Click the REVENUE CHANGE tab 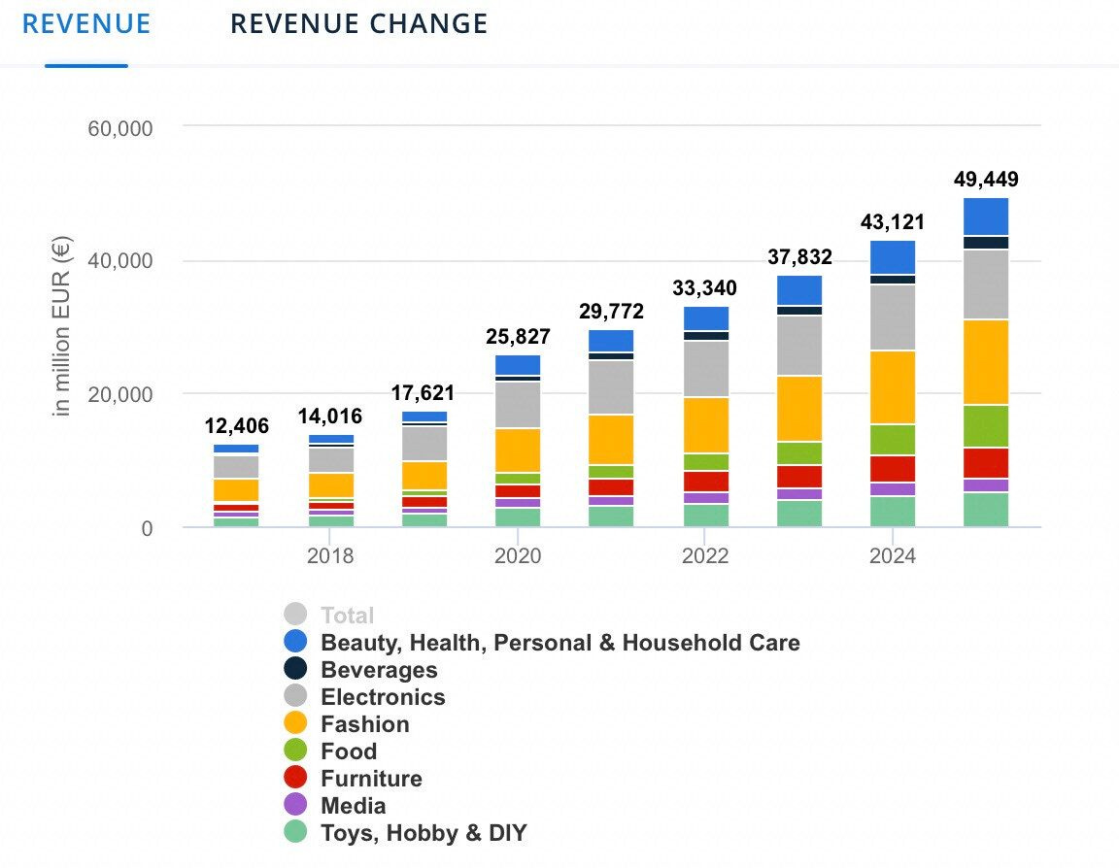(x=358, y=23)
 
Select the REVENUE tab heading (x=86, y=23)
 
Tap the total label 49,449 (x=986, y=180)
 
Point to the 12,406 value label (x=236, y=425)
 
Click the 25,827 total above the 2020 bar (x=518, y=337)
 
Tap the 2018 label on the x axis (x=330, y=556)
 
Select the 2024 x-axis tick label (x=893, y=556)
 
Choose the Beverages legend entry (x=379, y=670)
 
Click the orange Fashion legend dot (x=296, y=723)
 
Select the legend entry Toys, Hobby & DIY (x=424, y=833)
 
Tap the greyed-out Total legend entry (x=347, y=615)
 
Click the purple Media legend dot (x=296, y=805)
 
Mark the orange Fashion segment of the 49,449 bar (x=986, y=361)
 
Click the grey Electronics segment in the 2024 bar (x=893, y=317)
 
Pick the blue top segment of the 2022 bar (x=705, y=318)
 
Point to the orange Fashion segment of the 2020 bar (x=518, y=450)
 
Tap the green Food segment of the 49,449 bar (x=986, y=425)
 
